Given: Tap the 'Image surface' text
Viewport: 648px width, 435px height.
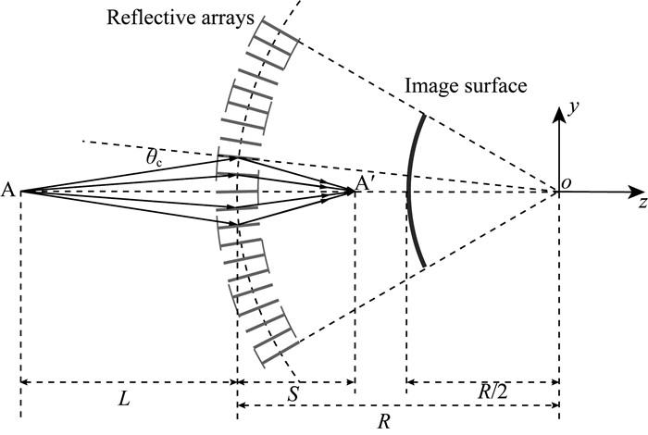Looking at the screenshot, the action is click(x=466, y=85).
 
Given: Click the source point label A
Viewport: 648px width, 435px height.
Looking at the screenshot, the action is click(x=8, y=191).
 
